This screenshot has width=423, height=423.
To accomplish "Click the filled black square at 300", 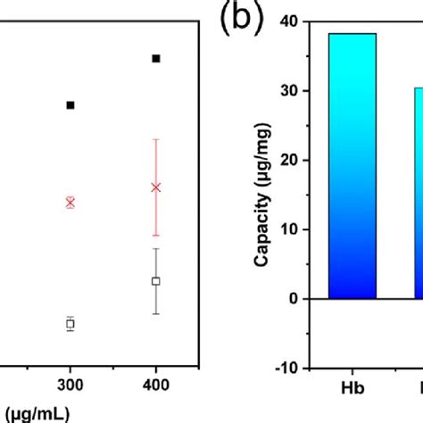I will click(70, 105).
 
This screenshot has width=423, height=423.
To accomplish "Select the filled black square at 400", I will click(156, 58).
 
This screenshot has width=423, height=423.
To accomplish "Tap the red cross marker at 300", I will click(70, 203).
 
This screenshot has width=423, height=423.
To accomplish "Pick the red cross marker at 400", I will click(156, 187).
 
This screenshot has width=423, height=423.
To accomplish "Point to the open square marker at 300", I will click(70, 324).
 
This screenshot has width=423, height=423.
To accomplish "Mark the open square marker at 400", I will click(156, 281).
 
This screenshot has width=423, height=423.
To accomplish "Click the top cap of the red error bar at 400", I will click(156, 139).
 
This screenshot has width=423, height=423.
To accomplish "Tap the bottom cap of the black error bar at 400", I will click(156, 313).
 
